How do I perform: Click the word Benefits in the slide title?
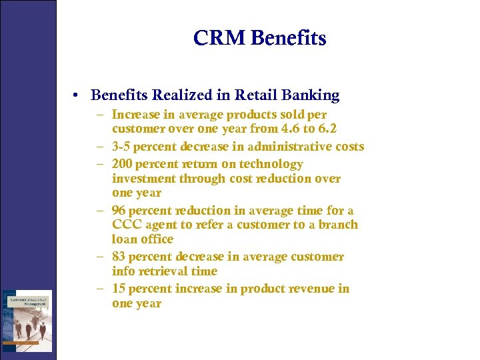coord(289,38)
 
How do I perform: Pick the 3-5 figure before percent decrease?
coord(121,147)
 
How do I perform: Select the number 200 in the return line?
coord(123,164)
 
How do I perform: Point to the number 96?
coord(119,211)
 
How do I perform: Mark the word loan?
coord(123,239)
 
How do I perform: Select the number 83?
coord(119,257)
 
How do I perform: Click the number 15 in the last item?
coord(119,289)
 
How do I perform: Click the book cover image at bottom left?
coord(27,320)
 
